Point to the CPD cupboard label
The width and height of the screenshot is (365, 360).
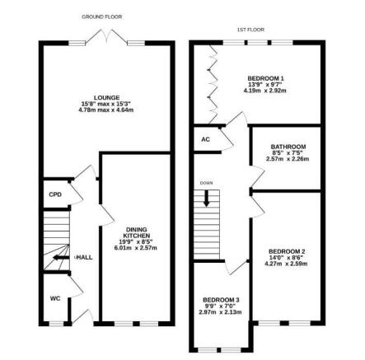[54, 194]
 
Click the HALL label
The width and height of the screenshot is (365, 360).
[85, 257]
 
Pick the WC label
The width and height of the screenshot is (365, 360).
[54, 298]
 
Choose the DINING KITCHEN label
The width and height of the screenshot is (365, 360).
[136, 233]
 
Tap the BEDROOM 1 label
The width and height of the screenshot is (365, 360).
[265, 78]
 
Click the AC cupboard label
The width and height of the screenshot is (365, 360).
[205, 139]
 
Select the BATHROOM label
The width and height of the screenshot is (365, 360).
[288, 147]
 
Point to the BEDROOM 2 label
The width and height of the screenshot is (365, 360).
[287, 251]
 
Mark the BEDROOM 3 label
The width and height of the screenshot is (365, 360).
[221, 300]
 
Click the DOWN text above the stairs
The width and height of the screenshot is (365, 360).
[206, 183]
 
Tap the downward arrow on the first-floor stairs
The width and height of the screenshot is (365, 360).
[206, 198]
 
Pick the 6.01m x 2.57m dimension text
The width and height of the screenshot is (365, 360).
[134, 247]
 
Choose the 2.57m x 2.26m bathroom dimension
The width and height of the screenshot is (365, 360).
[288, 158]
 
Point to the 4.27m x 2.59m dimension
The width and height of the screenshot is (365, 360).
[287, 264]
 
